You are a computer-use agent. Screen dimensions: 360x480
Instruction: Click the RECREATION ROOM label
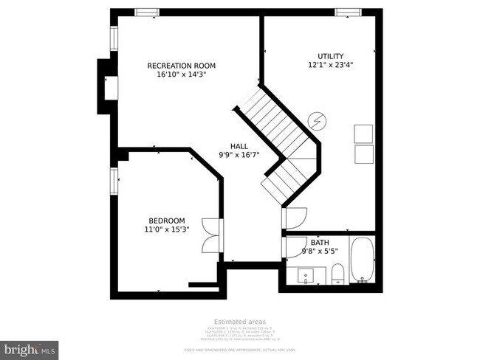tap(181, 66)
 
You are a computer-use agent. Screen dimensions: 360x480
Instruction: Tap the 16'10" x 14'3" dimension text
tap(181, 75)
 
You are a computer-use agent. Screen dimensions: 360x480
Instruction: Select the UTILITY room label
tap(330, 56)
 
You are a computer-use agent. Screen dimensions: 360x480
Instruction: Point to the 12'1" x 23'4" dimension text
tap(330, 65)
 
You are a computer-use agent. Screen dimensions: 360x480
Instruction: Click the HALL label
tap(239, 146)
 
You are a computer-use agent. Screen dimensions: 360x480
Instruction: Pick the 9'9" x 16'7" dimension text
tap(239, 155)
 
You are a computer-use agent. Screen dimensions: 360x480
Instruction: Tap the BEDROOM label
tap(167, 221)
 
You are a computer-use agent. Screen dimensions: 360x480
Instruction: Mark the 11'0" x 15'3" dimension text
tap(167, 229)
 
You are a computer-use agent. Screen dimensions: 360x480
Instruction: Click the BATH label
tap(319, 243)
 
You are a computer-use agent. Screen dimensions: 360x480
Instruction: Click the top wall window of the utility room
tap(346, 12)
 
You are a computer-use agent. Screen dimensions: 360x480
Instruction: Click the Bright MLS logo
tap(30, 347)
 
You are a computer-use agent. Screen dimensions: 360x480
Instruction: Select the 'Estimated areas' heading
tap(240, 322)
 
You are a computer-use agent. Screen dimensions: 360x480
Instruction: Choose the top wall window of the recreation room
tap(146, 12)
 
